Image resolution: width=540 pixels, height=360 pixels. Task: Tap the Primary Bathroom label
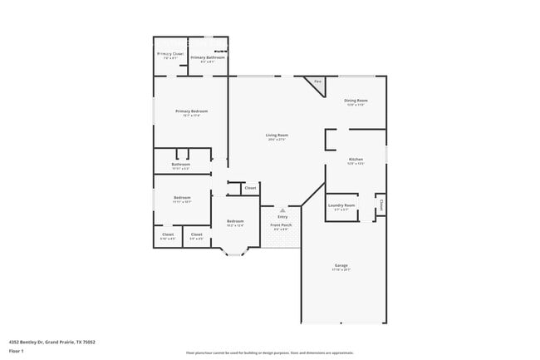click(208, 57)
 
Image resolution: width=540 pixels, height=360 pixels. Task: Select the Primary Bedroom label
click(191, 111)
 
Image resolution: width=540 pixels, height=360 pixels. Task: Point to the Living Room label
click(277, 136)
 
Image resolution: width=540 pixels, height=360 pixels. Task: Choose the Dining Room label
click(356, 101)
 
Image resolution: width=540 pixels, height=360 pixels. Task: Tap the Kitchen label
click(356, 159)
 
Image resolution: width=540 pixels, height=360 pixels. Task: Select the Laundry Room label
click(341, 205)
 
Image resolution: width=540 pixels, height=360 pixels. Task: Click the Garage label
click(341, 266)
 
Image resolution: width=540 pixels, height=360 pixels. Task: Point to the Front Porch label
click(281, 225)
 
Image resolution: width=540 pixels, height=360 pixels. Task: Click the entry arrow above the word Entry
click(282, 210)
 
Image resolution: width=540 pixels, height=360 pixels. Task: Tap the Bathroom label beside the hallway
click(181, 165)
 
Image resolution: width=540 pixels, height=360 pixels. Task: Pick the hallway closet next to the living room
click(250, 189)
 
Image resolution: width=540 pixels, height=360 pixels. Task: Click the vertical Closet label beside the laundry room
click(380, 204)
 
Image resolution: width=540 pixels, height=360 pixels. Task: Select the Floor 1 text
click(16, 350)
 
